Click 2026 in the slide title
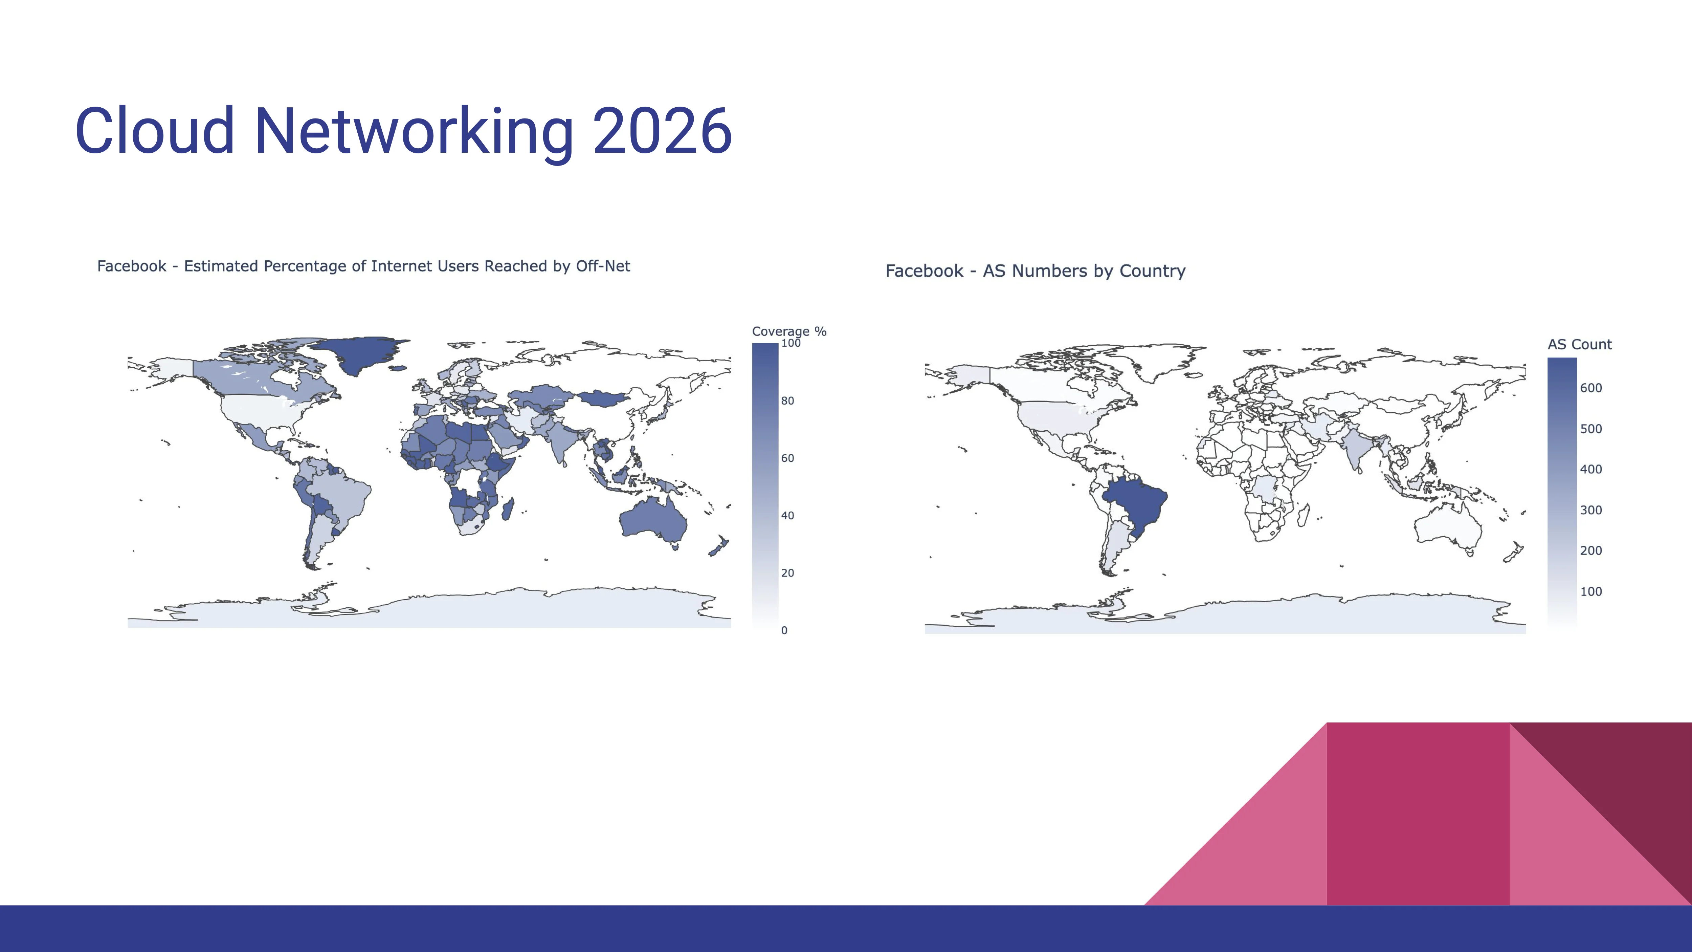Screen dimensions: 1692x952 click(x=662, y=131)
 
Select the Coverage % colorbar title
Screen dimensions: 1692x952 click(x=789, y=332)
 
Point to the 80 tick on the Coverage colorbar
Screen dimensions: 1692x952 click(x=787, y=401)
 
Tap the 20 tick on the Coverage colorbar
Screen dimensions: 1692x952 click(x=787, y=573)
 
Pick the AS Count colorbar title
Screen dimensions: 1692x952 click(x=1580, y=344)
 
